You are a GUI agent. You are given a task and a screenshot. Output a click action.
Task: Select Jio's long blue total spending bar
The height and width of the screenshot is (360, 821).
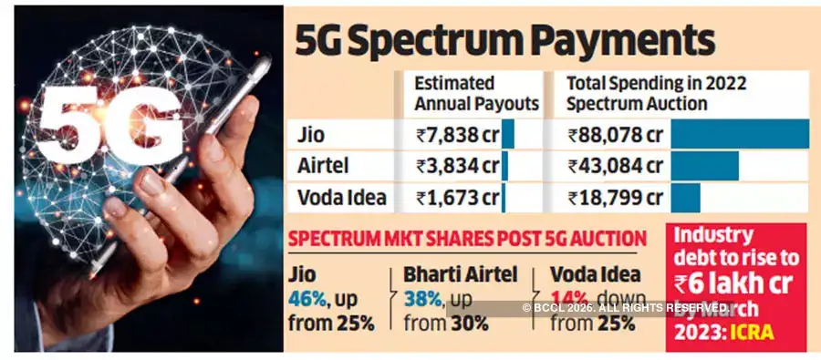[740, 134]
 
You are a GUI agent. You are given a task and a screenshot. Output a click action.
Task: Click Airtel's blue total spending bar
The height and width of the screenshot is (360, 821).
[705, 166]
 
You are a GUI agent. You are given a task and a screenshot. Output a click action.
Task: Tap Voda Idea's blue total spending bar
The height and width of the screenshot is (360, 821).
[686, 197]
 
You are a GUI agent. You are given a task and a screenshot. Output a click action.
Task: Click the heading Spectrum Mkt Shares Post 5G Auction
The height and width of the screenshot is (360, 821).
[467, 240]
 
